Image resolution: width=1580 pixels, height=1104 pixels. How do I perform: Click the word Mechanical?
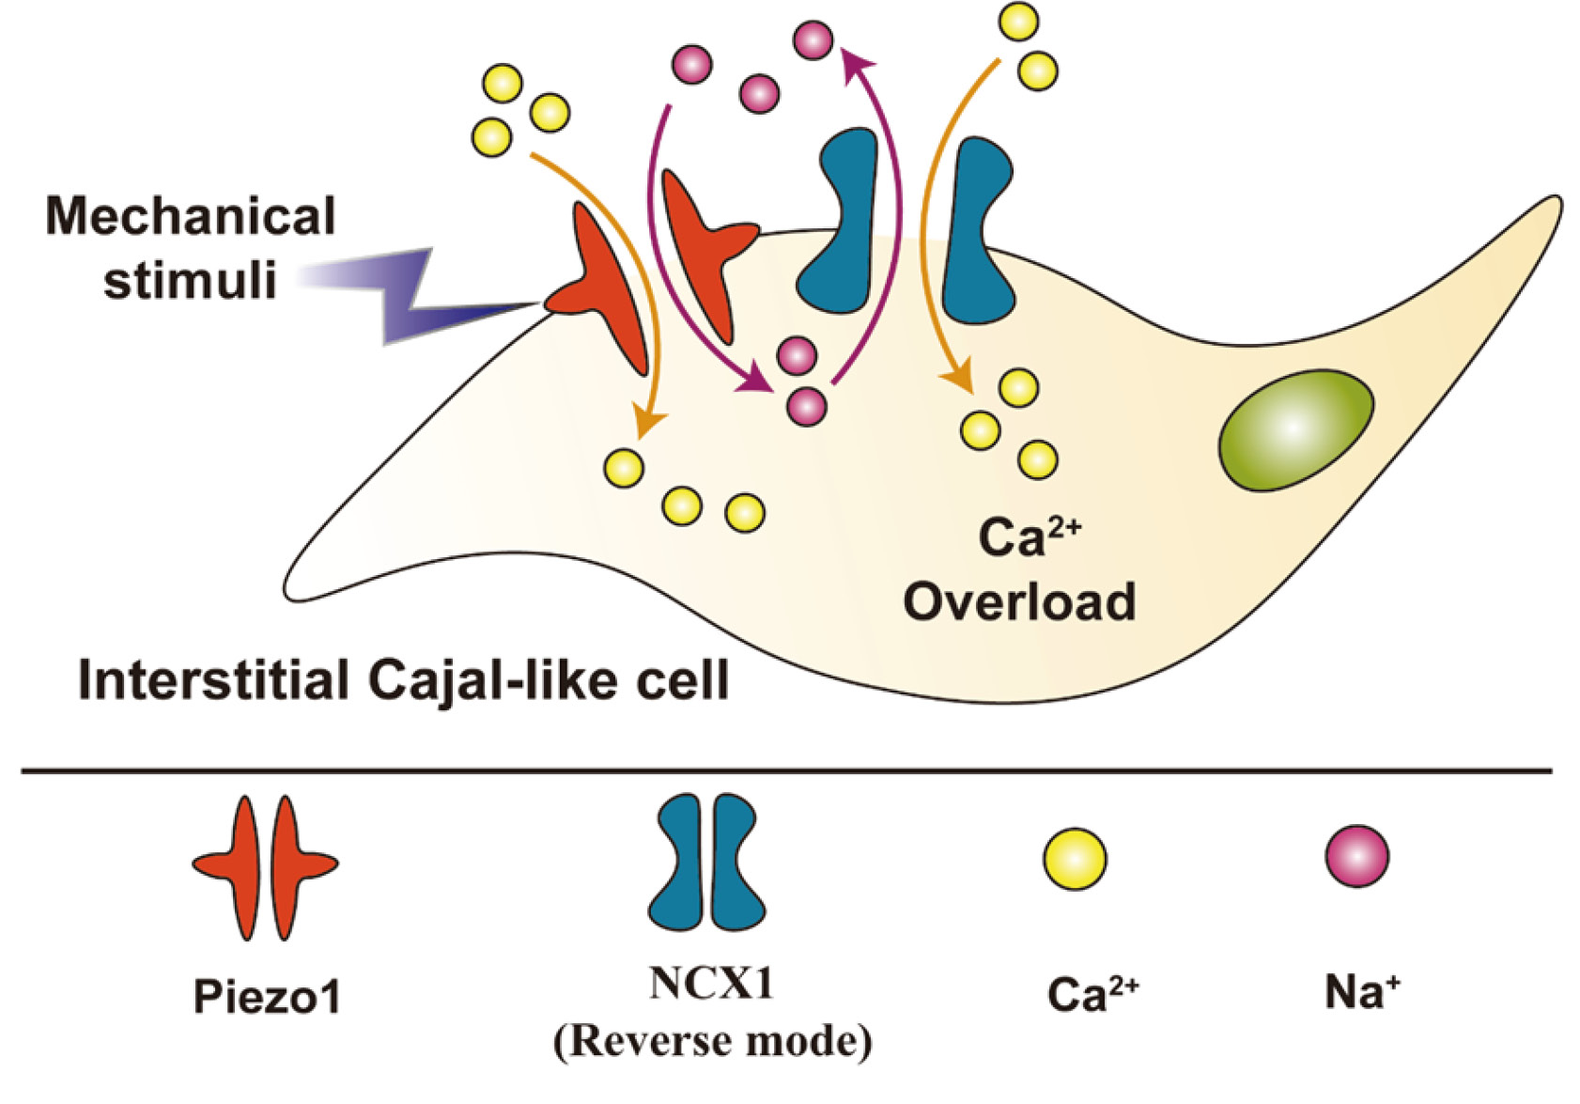(x=191, y=216)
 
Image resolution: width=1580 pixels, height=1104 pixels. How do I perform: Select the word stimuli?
(x=191, y=280)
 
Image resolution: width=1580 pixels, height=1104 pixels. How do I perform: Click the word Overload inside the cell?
(x=1019, y=602)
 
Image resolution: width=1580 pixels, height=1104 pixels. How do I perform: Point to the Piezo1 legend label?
(x=267, y=996)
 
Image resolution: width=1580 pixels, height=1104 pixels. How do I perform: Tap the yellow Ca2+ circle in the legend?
(x=1076, y=859)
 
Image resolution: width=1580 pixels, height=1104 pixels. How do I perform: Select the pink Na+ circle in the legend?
(x=1356, y=856)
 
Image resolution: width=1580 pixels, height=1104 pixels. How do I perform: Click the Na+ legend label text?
(x=1361, y=992)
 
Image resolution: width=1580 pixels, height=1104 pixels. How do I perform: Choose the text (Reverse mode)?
(x=712, y=1041)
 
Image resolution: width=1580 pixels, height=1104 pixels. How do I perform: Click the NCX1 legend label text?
(x=711, y=984)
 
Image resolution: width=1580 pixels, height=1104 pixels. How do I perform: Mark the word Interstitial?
(x=214, y=680)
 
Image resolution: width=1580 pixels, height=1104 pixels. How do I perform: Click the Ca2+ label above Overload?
(x=1029, y=537)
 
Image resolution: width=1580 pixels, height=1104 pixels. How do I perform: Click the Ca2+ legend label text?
(x=1092, y=994)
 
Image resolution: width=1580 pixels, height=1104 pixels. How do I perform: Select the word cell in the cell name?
(x=683, y=680)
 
